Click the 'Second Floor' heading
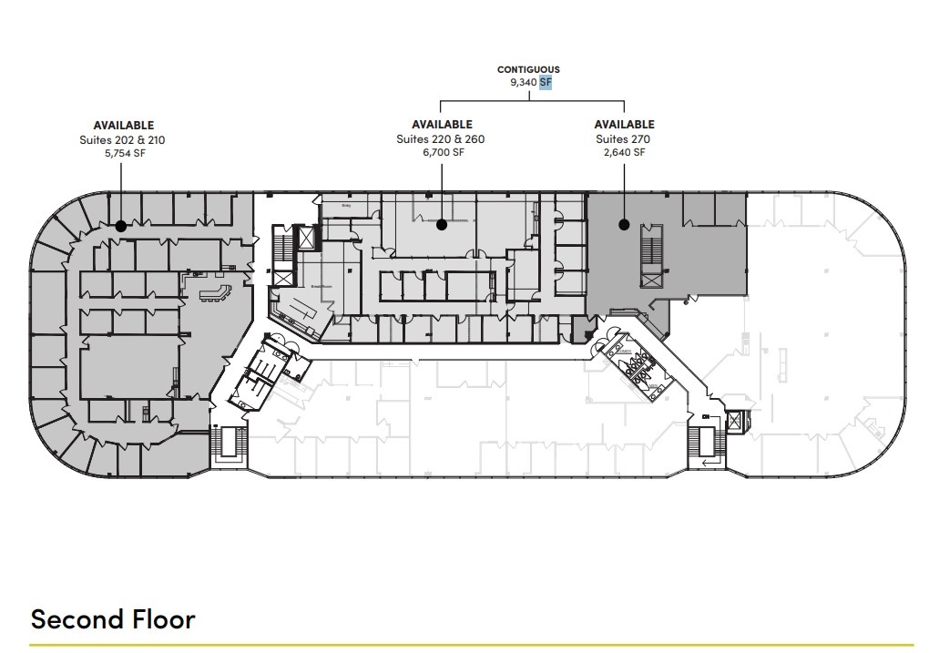tap(113, 619)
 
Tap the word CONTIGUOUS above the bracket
tap(528, 69)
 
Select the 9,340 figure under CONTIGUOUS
tap(523, 82)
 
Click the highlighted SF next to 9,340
tap(546, 82)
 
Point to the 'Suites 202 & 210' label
tap(123, 140)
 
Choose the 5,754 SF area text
tap(123, 154)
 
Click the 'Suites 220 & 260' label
tap(442, 139)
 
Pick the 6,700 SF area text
tap(442, 153)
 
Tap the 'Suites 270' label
tap(624, 139)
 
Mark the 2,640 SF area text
tap(624, 153)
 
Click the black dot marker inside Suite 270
tap(624, 223)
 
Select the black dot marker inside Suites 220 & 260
tap(442, 223)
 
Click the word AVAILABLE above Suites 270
tap(624, 125)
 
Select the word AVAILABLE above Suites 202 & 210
tap(123, 126)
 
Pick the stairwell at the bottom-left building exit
tap(228, 445)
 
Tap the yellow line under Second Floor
tap(469, 645)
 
